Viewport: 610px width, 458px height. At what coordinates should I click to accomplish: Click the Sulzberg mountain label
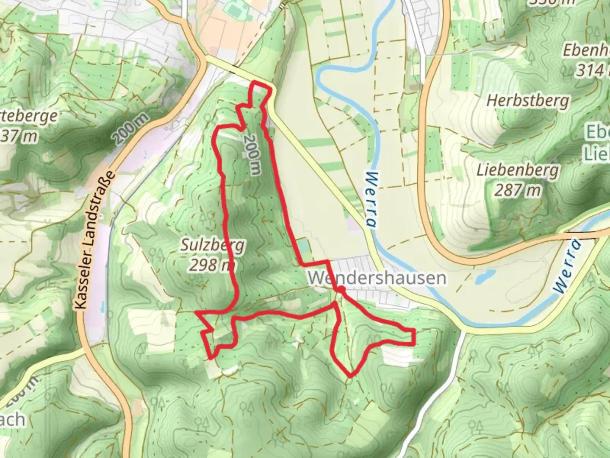click(x=213, y=246)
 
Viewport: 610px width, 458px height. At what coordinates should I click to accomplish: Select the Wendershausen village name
click(x=377, y=278)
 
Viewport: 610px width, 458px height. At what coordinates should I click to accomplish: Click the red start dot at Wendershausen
click(x=341, y=290)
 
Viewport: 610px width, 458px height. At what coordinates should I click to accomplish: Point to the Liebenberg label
click(x=517, y=171)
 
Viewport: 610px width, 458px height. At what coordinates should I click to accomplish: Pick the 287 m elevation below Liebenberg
click(x=517, y=190)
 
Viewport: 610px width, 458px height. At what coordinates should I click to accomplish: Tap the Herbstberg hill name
click(x=528, y=101)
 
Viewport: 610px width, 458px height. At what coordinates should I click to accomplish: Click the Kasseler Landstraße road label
click(x=95, y=240)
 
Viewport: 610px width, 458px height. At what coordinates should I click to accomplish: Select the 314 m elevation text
click(x=591, y=70)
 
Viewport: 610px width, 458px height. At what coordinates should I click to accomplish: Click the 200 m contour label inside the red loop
click(x=253, y=155)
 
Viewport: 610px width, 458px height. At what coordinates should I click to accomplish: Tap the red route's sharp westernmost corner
click(x=196, y=313)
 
